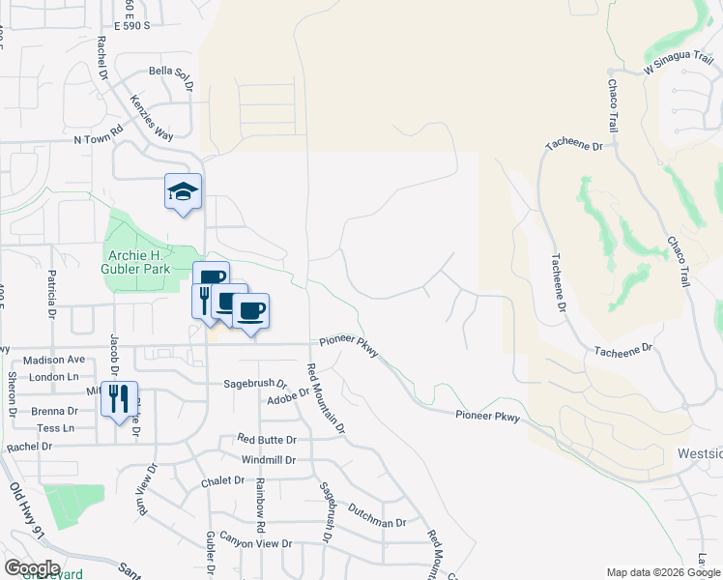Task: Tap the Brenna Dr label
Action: pyautogui.click(x=46, y=411)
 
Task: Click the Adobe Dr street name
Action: pyautogui.click(x=288, y=395)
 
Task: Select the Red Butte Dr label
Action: pyautogui.click(x=266, y=439)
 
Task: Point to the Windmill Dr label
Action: pyautogui.click(x=269, y=459)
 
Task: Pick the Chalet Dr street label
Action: pyautogui.click(x=224, y=480)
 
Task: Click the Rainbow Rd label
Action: pyautogui.click(x=259, y=508)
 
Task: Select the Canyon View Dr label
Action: pyautogui.click(x=255, y=544)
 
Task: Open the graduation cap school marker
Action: pyautogui.click(x=182, y=191)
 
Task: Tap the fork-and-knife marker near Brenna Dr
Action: pyautogui.click(x=120, y=399)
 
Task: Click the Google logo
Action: pyautogui.click(x=32, y=567)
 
